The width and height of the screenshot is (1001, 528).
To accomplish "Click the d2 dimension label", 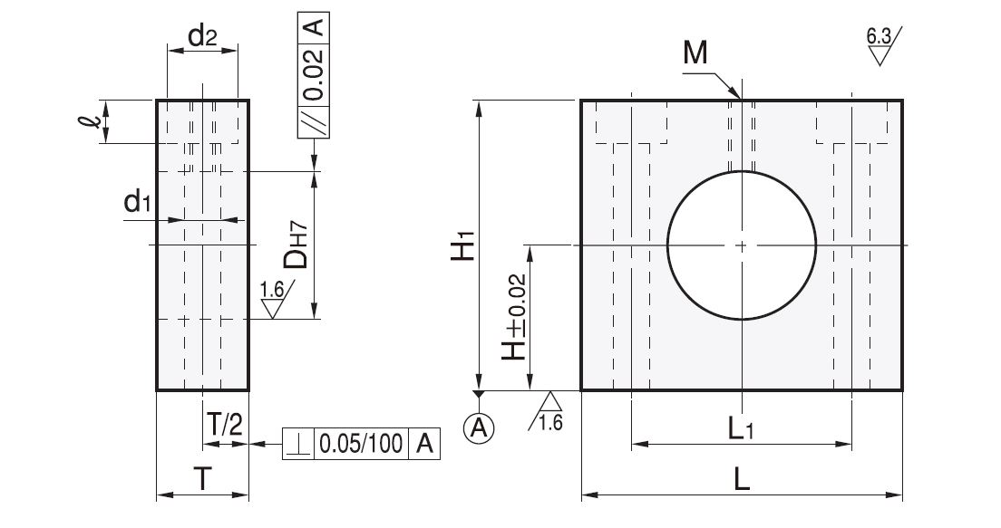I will (x=201, y=37).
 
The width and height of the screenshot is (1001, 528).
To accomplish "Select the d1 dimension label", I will (x=137, y=203).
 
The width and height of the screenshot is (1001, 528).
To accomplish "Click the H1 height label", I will (x=462, y=245).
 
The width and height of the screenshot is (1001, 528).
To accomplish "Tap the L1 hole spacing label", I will (x=743, y=428).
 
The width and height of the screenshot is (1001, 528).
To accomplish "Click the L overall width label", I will (x=742, y=482).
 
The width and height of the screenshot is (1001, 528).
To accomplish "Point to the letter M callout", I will (x=695, y=54).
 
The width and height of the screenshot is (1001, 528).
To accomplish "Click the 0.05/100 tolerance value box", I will (x=361, y=444).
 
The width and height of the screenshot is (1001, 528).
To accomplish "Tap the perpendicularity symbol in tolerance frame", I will (x=297, y=444).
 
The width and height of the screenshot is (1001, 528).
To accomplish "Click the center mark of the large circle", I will (x=742, y=245).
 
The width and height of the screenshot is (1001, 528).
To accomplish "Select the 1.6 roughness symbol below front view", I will (x=549, y=413).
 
